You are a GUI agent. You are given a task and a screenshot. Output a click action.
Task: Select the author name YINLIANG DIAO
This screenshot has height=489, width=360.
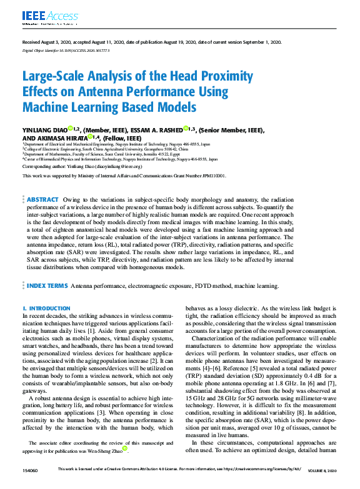(x=44, y=130)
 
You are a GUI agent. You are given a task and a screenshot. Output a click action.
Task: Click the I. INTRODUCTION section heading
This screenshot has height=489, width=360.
(x=46, y=309)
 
